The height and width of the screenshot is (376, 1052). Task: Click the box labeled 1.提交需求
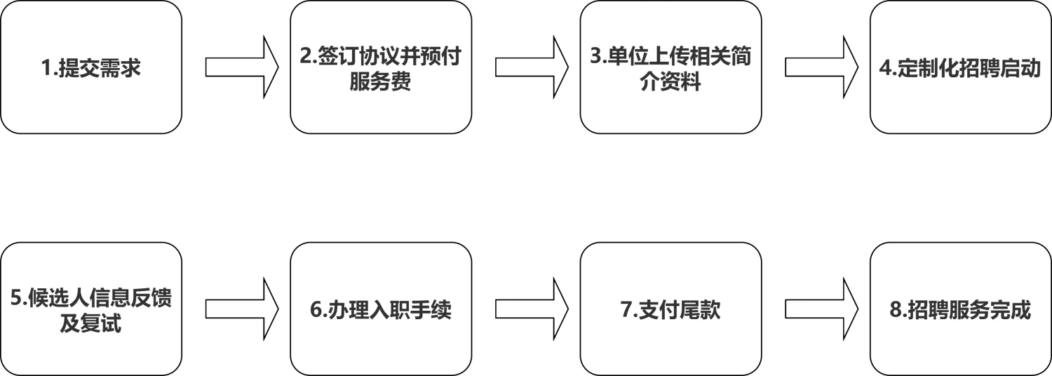tap(91, 67)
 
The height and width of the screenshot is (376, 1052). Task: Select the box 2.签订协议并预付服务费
tap(381, 67)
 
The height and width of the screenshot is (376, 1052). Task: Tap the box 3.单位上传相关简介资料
tap(670, 67)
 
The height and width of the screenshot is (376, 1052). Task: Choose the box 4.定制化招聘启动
tap(960, 67)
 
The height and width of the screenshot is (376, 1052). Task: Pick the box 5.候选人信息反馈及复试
tap(91, 309)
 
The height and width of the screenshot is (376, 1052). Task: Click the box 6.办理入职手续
tap(381, 309)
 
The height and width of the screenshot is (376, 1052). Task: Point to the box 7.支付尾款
tap(670, 309)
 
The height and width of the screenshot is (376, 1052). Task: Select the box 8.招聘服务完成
tap(960, 309)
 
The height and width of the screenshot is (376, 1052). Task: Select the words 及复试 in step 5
tap(90, 324)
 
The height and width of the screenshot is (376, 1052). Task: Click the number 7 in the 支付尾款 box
tap(626, 310)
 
